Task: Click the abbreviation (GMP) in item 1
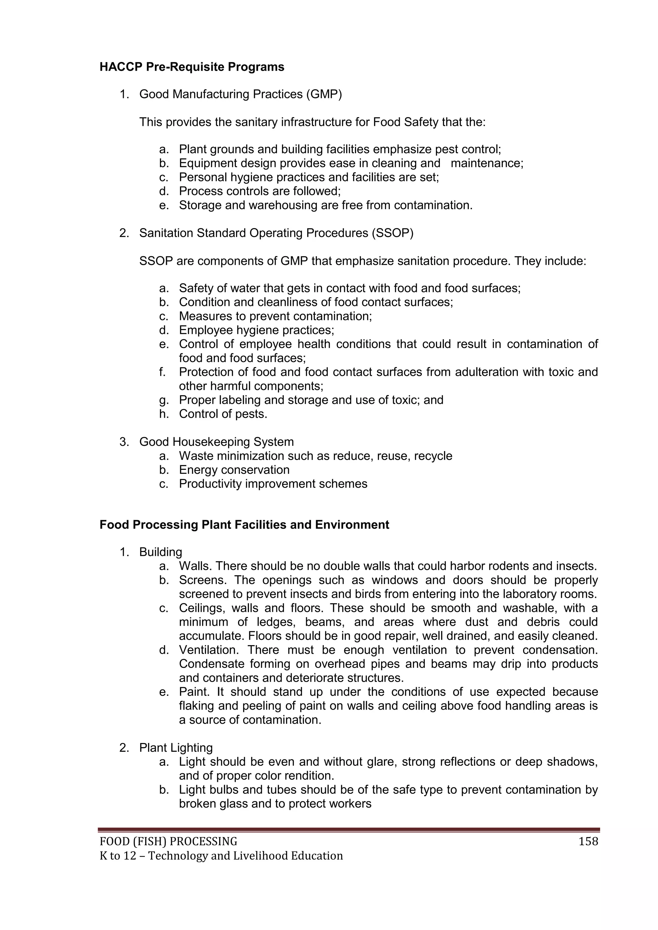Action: click(324, 94)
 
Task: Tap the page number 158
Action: click(588, 842)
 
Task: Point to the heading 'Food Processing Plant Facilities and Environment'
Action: click(244, 525)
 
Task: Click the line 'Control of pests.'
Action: click(223, 414)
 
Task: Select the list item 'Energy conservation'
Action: click(234, 470)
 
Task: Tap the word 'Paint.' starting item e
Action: click(196, 692)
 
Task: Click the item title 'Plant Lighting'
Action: click(176, 748)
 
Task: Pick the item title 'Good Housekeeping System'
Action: click(216, 442)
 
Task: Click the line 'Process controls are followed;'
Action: click(260, 191)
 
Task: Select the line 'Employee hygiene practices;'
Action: click(256, 330)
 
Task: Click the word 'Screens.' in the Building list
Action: click(202, 580)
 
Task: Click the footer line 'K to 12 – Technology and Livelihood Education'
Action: click(221, 856)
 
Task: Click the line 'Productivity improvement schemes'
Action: click(273, 484)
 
